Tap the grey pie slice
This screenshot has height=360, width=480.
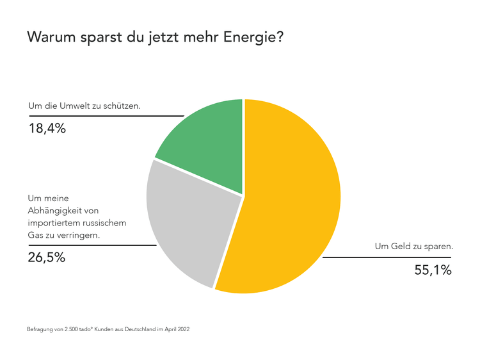(186, 224)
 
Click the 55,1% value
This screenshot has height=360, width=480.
(433, 270)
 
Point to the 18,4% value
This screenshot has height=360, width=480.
(47, 128)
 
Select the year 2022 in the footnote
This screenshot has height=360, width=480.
(183, 329)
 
